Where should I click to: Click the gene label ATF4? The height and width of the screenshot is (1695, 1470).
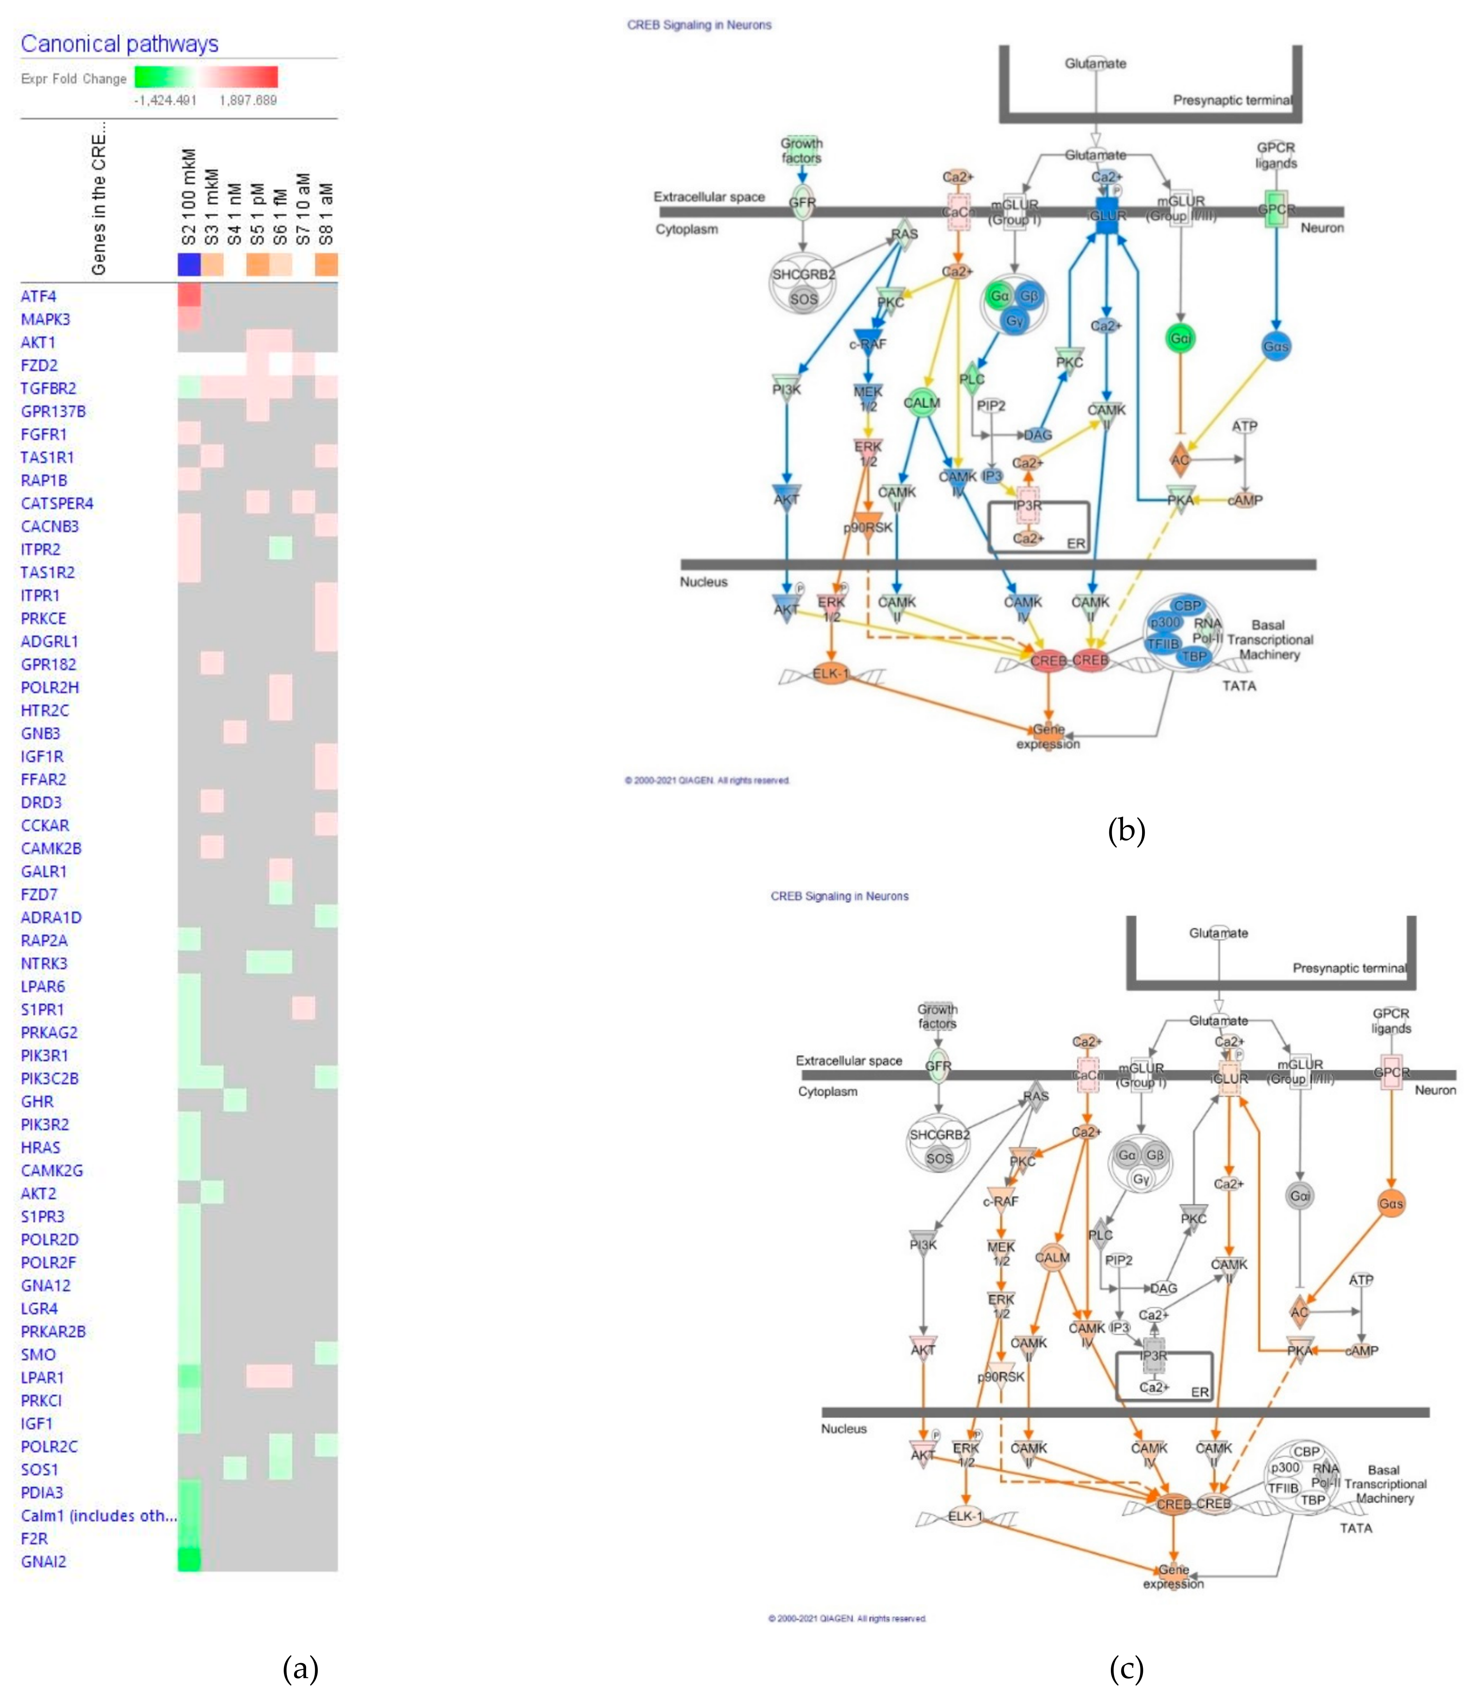(x=39, y=296)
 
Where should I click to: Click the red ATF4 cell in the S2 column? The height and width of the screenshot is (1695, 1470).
(x=189, y=295)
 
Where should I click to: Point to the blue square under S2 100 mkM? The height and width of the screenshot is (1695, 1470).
(x=189, y=264)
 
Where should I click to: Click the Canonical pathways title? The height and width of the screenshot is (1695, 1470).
(x=120, y=44)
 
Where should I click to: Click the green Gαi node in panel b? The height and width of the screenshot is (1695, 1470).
(x=1179, y=338)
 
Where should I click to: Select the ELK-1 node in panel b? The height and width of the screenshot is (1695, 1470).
(x=831, y=674)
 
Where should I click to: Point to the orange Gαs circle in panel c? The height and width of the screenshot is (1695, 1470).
(x=1391, y=1204)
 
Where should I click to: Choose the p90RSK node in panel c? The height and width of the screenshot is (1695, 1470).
(x=1001, y=1376)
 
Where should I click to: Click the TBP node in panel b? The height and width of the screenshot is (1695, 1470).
(x=1194, y=656)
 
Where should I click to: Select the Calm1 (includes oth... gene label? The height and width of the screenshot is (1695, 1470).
(x=99, y=1515)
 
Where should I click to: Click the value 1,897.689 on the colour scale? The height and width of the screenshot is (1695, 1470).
(x=248, y=100)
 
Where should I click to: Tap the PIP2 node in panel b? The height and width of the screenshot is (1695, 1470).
(x=991, y=406)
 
